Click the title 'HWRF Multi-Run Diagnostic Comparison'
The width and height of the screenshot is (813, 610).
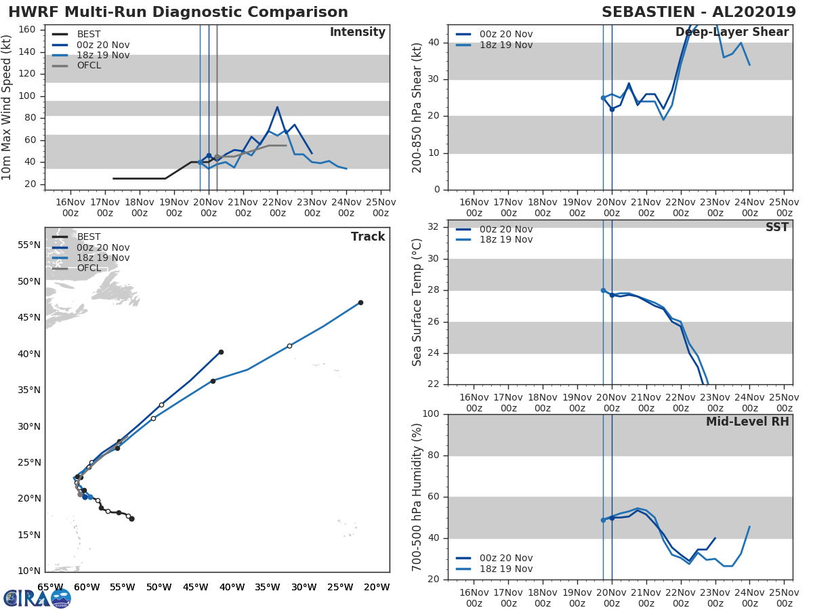click(x=178, y=12)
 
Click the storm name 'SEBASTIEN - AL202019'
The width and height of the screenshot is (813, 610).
click(x=699, y=12)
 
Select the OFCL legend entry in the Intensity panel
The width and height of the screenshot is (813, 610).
click(x=89, y=66)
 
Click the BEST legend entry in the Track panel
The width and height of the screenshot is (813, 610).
click(x=89, y=237)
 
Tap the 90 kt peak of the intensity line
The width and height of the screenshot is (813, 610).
click(x=277, y=107)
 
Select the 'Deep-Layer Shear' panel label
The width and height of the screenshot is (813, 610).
click(x=732, y=33)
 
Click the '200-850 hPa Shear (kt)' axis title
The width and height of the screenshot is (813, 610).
click(x=417, y=107)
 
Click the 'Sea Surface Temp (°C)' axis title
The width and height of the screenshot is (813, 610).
click(x=417, y=302)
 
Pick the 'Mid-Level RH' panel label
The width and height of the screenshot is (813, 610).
click(x=747, y=422)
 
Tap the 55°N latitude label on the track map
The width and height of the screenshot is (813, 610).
click(x=29, y=245)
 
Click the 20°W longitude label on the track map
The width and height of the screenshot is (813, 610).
click(x=377, y=587)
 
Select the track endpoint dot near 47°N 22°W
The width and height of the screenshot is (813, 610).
click(x=360, y=302)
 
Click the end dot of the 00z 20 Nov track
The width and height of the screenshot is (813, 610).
click(x=221, y=352)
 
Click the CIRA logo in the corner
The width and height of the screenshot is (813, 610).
click(x=37, y=598)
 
